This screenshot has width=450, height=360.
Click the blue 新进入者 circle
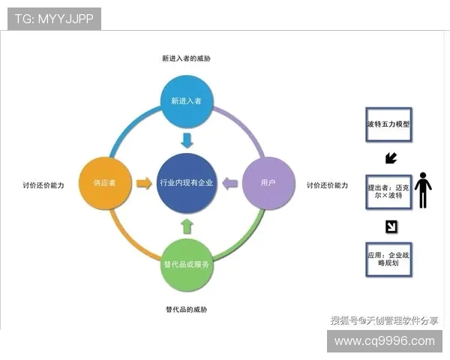(187, 100)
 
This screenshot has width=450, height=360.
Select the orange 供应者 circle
(105, 182)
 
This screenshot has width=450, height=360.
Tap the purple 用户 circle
(268, 182)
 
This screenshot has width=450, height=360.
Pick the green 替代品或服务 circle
(187, 265)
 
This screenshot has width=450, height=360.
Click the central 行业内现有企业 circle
(187, 182)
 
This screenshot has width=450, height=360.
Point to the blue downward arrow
(187, 140)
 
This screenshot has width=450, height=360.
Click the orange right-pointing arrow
(143, 182)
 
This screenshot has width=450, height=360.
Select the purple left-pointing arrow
(231, 182)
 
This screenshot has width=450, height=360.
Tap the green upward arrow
(187, 225)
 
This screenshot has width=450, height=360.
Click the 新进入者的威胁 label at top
(186, 58)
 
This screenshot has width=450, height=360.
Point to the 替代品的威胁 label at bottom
(186, 309)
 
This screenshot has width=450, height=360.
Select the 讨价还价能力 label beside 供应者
(43, 184)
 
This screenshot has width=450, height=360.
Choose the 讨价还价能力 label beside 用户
(327, 184)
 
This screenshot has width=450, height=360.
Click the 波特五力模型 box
(388, 124)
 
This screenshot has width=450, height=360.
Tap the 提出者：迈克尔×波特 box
(388, 190)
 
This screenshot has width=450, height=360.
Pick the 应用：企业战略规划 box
(388, 259)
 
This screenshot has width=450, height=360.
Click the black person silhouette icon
(424, 190)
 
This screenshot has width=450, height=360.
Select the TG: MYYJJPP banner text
(54, 19)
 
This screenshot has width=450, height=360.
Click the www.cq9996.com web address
(384, 341)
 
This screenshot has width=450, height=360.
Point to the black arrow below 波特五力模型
(390, 158)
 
